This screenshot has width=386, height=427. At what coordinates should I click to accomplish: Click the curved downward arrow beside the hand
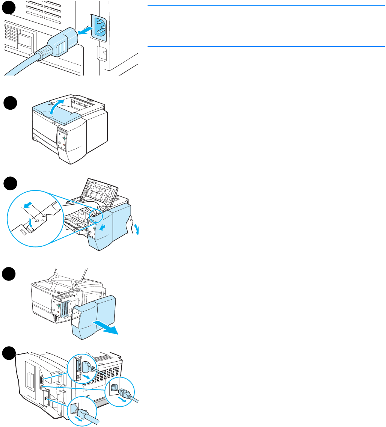point(138,228)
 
